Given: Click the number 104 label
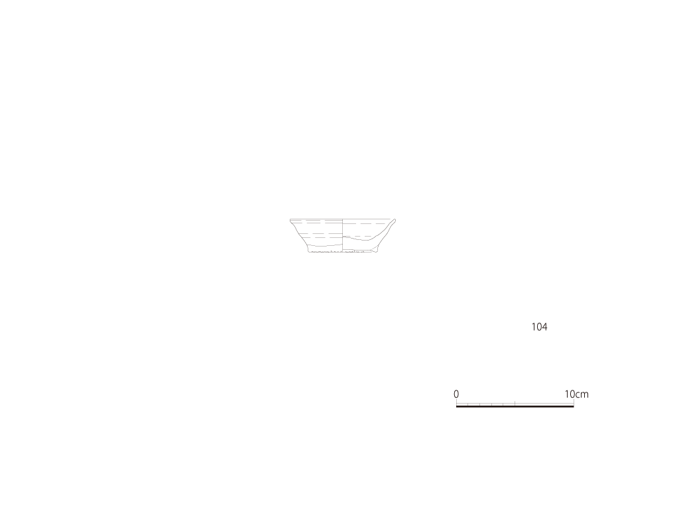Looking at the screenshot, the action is pos(539,327).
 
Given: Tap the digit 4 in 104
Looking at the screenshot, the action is pos(545,327).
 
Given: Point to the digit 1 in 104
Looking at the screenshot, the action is pos(534,327).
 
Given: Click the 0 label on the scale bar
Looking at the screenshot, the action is pos(456,394).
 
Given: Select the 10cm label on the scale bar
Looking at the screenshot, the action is pos(576,394).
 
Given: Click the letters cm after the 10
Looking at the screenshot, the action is pos(582,395).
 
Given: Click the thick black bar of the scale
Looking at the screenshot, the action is pos(515,406).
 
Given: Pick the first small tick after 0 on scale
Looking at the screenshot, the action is pos(467,404).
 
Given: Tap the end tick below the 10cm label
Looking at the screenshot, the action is pos(574,402).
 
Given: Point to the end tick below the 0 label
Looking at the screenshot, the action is pos(456,402).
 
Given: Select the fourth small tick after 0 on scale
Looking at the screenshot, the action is pos(503,404).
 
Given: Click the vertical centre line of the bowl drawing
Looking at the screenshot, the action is pos(343,235).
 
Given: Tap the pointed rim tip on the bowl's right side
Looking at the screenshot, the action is pos(395,220).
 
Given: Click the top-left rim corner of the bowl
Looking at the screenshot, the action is pos(290,219).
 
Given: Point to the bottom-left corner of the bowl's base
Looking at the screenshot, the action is pos(309,252).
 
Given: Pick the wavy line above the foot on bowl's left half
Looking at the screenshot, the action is pos(325,245).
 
